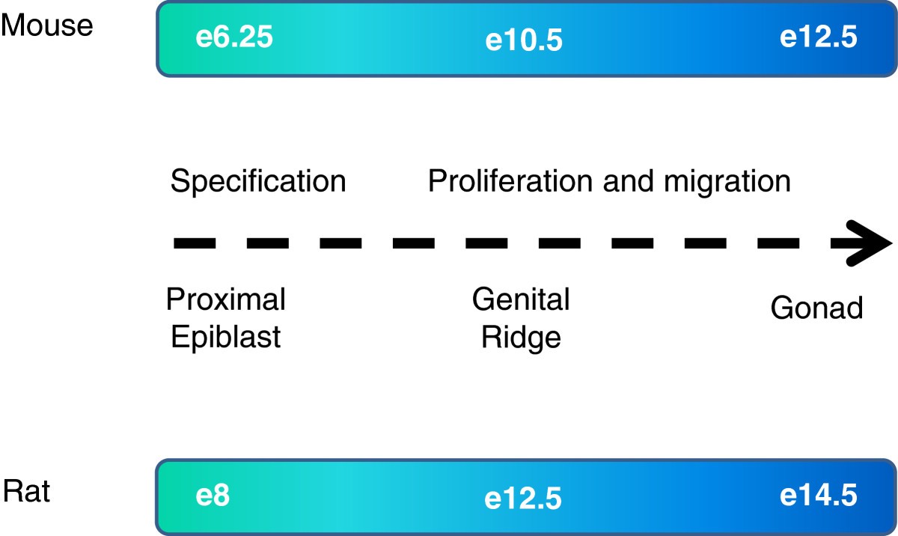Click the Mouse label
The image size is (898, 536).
point(46,25)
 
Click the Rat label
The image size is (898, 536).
point(27,493)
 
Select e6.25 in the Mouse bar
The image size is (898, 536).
point(233,37)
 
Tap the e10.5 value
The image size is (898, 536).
point(523,40)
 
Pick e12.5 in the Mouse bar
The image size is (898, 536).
point(818,37)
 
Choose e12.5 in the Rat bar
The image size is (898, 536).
point(523,499)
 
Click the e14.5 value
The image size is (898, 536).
point(818,496)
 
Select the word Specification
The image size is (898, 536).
point(258,182)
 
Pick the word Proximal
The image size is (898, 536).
point(226,300)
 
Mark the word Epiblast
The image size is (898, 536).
point(226,338)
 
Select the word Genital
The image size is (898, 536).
point(521,300)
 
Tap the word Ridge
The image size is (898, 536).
point(521,338)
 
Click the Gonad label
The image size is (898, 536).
point(816,308)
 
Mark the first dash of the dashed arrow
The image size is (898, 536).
point(195,243)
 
